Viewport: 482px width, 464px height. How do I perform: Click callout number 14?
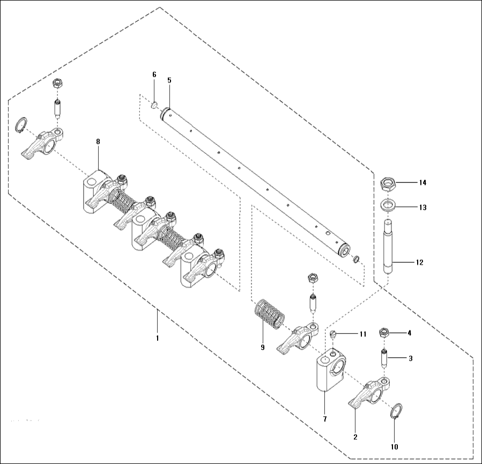(x=422, y=183)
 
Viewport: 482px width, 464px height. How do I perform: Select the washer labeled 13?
(x=390, y=205)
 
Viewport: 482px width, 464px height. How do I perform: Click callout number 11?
(x=363, y=334)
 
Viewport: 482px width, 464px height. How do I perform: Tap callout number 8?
(x=98, y=142)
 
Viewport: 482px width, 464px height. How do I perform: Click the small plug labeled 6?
(x=154, y=105)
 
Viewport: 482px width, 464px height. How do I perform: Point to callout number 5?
(x=169, y=80)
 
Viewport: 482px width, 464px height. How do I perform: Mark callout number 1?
(x=157, y=338)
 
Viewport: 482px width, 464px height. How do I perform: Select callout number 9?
(x=263, y=348)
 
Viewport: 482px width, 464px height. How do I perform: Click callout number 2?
(x=355, y=437)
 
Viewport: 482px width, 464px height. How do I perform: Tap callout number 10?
(x=395, y=446)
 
